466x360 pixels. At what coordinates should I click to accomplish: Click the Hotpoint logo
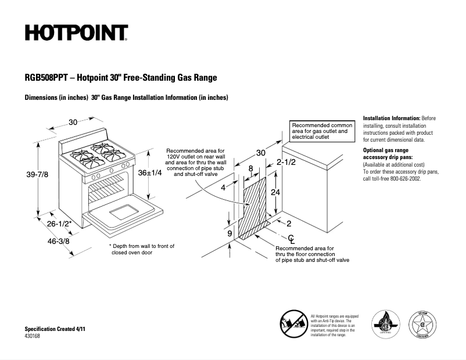(76, 33)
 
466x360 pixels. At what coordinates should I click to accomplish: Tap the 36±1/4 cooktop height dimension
(150, 172)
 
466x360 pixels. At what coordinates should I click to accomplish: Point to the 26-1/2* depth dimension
(59, 224)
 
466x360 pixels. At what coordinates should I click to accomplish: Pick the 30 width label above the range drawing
(73, 122)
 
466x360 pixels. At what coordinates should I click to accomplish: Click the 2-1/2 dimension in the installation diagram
(286, 162)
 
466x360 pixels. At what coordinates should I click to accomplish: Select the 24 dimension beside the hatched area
(276, 192)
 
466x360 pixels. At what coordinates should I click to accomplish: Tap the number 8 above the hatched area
(250, 168)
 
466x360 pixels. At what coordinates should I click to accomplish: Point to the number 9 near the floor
(230, 233)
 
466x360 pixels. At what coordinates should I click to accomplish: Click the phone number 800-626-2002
(401, 179)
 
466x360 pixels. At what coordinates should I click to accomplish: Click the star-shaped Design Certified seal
(424, 324)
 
